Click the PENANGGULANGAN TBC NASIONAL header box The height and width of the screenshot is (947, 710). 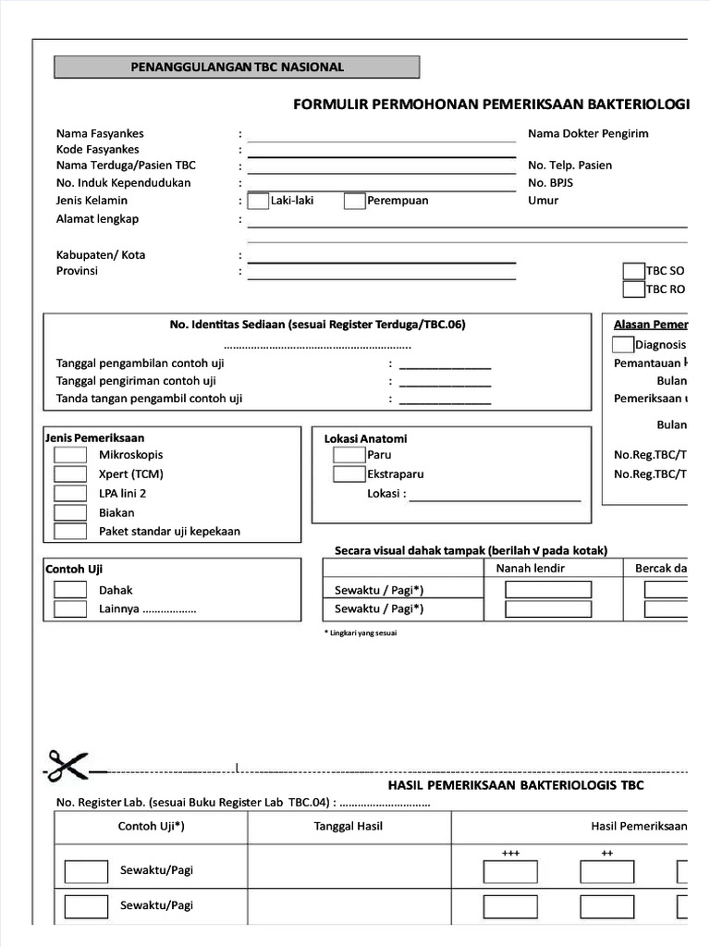tap(237, 68)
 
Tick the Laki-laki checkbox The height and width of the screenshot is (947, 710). tap(258, 201)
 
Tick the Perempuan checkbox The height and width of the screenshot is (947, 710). tap(354, 201)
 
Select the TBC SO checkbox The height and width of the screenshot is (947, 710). tap(633, 271)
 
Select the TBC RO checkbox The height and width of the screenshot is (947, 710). tap(633, 289)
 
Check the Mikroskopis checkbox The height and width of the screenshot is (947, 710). tap(70, 455)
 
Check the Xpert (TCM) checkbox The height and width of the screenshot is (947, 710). tap(70, 474)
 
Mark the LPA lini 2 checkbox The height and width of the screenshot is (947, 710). tap(70, 494)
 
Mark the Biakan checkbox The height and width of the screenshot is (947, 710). tap(70, 512)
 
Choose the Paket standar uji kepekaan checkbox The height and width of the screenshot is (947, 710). tap(70, 532)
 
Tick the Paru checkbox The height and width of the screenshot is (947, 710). tap(349, 455)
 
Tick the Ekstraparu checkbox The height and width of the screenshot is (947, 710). tap(349, 474)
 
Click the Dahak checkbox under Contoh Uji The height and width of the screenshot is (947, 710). tap(70, 590)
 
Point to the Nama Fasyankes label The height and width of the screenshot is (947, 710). tap(100, 134)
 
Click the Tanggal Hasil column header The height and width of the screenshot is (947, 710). tap(349, 826)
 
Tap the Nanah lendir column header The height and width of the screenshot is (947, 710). tap(531, 568)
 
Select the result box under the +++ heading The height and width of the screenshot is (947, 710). tap(510, 872)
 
